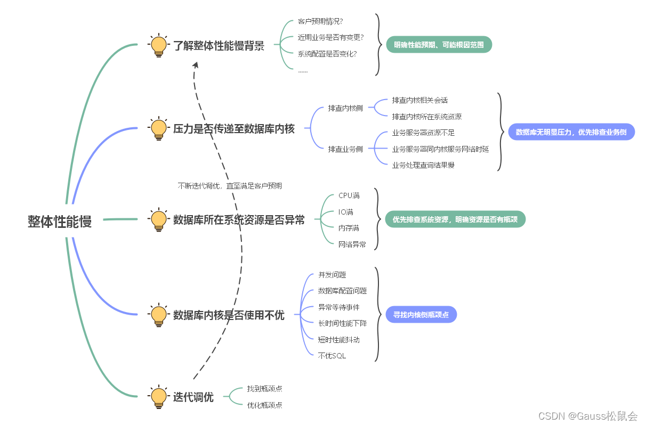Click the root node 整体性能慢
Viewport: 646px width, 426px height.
60,222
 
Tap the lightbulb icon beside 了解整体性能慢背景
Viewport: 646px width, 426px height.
158,46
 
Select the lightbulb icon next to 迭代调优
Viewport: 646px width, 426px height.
158,397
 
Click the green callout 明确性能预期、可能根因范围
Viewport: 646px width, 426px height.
439,45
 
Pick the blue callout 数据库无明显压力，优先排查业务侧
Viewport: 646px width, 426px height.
571,132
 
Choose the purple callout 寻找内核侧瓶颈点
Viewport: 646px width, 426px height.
421,315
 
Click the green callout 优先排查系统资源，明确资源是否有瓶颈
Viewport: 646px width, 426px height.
455,219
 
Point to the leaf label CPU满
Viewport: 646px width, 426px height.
349,196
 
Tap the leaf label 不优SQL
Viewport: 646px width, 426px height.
332,356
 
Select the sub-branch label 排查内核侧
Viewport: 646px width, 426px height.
345,108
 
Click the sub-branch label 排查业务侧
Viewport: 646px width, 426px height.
345,149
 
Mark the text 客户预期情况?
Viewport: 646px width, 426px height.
320,22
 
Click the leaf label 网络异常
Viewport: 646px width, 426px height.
352,244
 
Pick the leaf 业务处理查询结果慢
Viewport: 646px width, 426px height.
423,165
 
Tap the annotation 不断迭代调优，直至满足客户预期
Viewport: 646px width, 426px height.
230,186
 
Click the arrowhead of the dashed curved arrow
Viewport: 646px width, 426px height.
196,64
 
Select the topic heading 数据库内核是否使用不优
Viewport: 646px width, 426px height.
229,315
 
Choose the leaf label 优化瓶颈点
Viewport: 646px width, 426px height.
264,405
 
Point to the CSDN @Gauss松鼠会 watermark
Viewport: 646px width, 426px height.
588,416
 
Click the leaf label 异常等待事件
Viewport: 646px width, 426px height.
339,307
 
